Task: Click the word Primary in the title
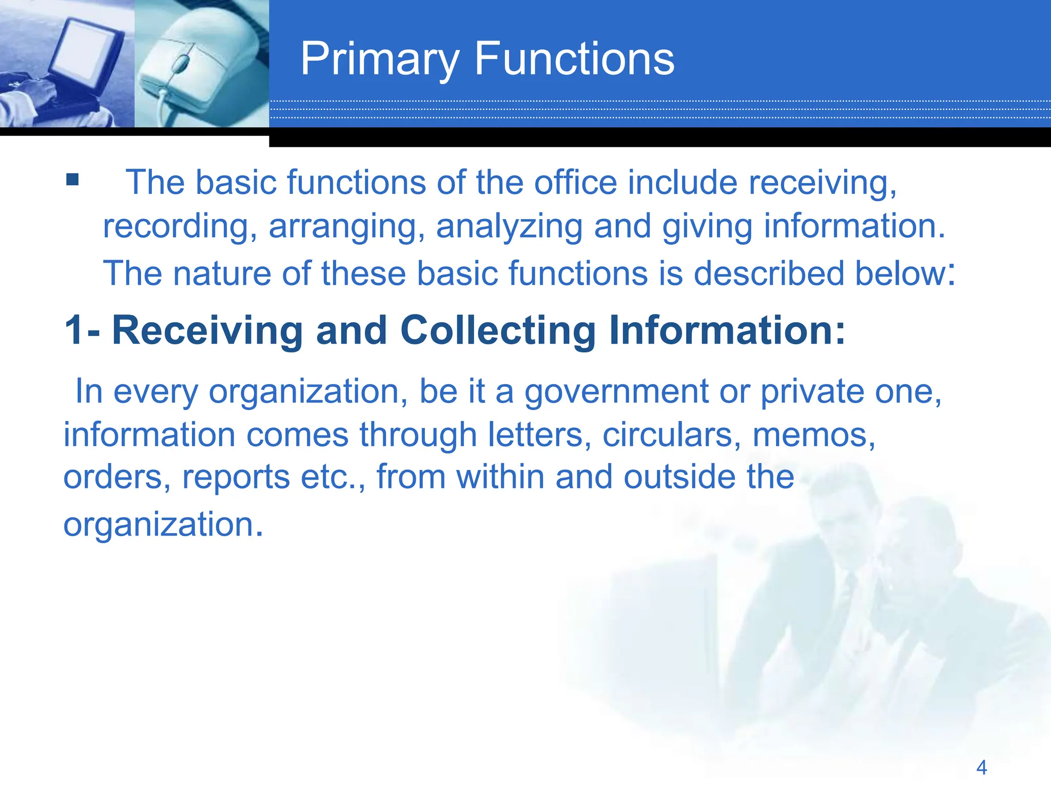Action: point(380,61)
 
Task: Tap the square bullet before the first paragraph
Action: point(72,179)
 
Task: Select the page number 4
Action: point(981,767)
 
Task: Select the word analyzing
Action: point(509,227)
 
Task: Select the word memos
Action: point(813,435)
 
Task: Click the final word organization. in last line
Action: point(163,525)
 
